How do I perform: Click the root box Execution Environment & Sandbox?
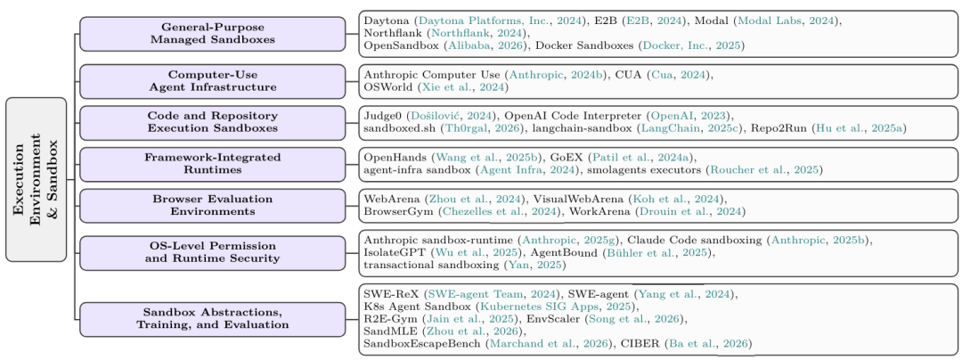pyautogui.click(x=37, y=180)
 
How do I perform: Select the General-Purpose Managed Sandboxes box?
pyautogui.click(x=213, y=34)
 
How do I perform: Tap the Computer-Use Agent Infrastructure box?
pyautogui.click(x=213, y=81)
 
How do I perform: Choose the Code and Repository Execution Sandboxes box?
pyautogui.click(x=213, y=122)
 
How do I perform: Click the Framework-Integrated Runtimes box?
pyautogui.click(x=213, y=164)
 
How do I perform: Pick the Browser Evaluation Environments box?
pyautogui.click(x=213, y=206)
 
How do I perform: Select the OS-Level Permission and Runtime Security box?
pyautogui.click(x=213, y=253)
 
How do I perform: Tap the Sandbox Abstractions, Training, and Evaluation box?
pyautogui.click(x=213, y=319)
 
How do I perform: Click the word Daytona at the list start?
pyautogui.click(x=382, y=21)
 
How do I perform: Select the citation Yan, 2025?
pyautogui.click(x=534, y=266)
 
